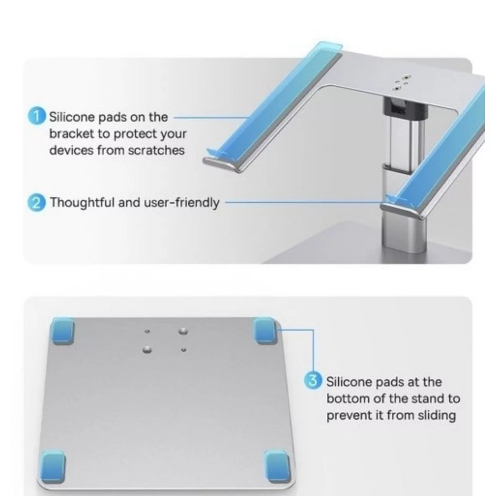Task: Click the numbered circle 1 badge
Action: coord(36,117)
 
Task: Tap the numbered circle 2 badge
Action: coord(36,203)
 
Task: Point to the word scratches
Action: coord(157,150)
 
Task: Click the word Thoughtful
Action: coord(82,202)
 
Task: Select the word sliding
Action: coord(437,416)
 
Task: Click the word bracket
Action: coord(72,134)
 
